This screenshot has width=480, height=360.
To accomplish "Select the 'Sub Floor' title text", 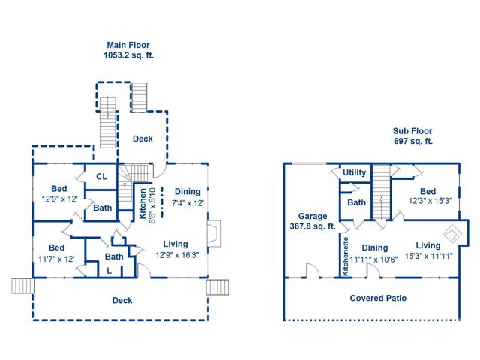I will (x=413, y=130).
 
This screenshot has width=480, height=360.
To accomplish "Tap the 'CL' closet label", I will (x=101, y=177).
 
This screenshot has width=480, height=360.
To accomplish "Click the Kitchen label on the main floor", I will (x=142, y=203).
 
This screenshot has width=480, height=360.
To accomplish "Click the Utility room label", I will (x=354, y=173).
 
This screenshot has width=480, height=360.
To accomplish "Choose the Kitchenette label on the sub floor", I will (x=346, y=256).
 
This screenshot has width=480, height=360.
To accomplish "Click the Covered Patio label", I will (x=378, y=298).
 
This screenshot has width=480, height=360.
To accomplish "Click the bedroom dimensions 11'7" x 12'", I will (x=57, y=259).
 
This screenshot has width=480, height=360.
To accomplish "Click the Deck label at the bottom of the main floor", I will (x=122, y=300).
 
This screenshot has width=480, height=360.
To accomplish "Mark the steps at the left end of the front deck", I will (x=22, y=286).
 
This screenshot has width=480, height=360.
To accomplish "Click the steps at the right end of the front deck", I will (x=217, y=286).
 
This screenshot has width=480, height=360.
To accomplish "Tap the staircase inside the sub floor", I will (x=382, y=191).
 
